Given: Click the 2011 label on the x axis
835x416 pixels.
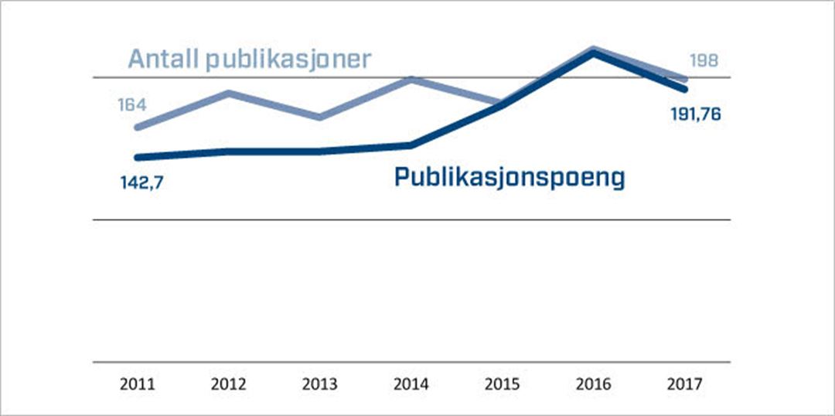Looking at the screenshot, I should click(138, 384).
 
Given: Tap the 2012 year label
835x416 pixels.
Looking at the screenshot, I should click(229, 384).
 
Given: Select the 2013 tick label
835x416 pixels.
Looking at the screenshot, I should click(320, 384).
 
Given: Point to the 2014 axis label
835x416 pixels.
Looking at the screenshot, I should click(411, 384).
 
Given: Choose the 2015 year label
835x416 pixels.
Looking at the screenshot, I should click(503, 384).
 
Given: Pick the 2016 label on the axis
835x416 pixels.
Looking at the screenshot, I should click(593, 384).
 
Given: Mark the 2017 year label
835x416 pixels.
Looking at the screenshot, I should click(684, 384).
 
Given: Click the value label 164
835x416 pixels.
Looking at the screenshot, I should click(132, 104).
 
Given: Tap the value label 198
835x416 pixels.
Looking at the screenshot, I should click(704, 60).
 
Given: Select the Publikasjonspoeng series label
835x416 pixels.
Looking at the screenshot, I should click(509, 177).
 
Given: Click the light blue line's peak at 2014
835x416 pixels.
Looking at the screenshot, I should click(412, 79).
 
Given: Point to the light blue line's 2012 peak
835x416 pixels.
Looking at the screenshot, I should click(229, 93).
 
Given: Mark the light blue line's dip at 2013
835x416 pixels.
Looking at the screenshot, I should click(319, 118).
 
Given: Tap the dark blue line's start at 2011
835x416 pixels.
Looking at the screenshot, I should click(138, 157).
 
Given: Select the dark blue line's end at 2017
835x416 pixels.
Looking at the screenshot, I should click(684, 90).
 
